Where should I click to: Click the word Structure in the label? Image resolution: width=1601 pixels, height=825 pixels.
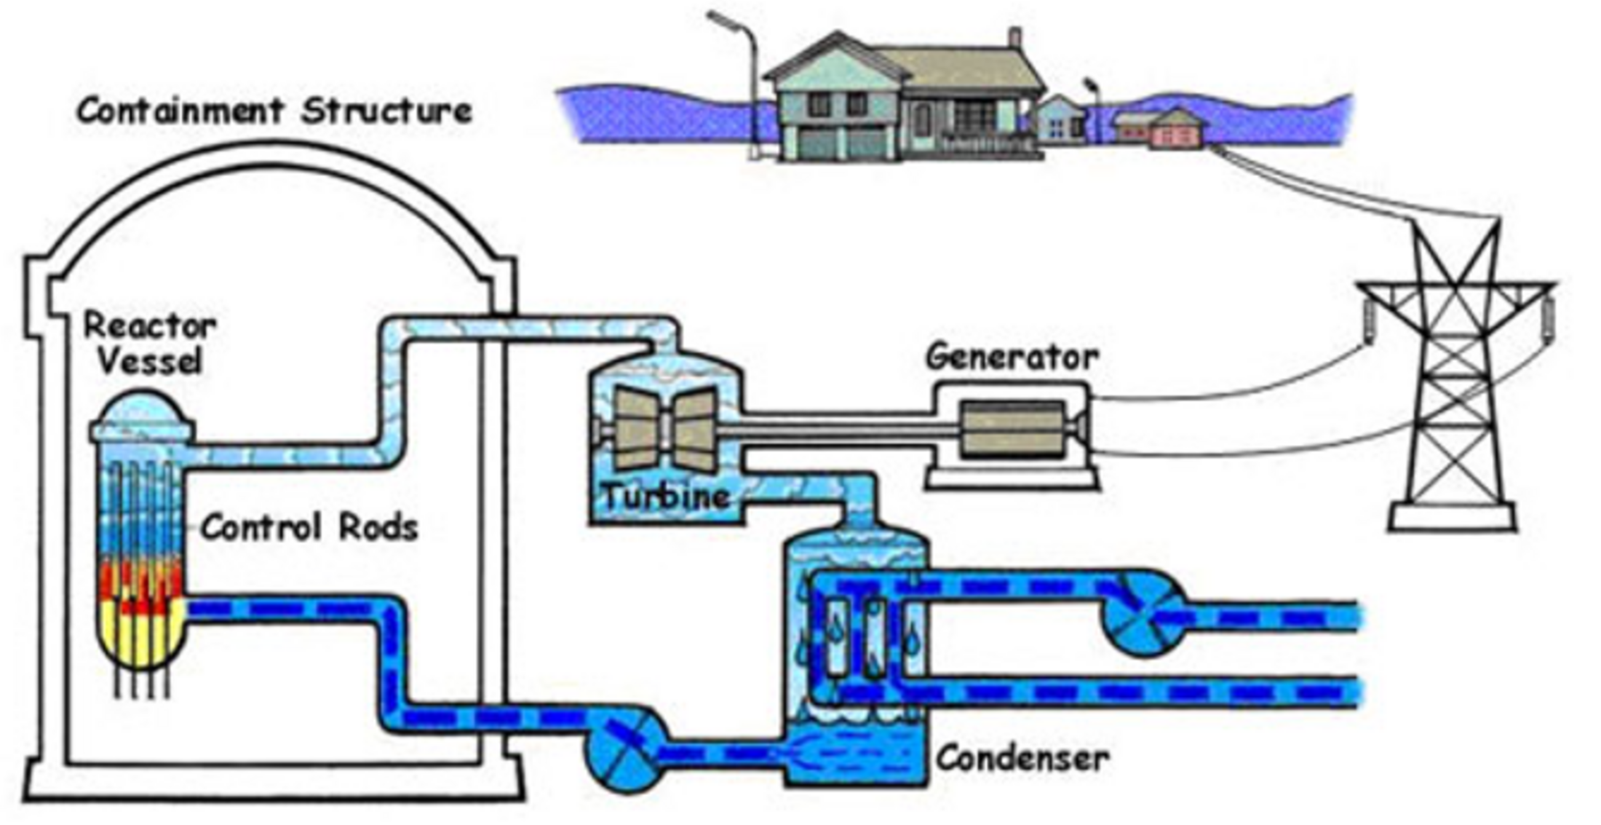click(x=386, y=111)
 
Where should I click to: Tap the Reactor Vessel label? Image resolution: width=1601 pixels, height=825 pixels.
click(x=149, y=343)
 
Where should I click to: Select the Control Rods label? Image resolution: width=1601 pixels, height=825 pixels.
click(x=309, y=527)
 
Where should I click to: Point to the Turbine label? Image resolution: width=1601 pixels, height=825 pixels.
click(x=666, y=497)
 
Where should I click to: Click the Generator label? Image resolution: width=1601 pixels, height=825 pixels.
click(x=1012, y=358)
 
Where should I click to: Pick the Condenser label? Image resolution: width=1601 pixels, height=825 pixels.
click(x=1022, y=759)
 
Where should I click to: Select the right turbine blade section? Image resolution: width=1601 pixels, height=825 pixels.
click(x=695, y=429)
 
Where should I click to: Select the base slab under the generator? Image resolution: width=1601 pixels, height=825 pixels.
click(x=1012, y=479)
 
